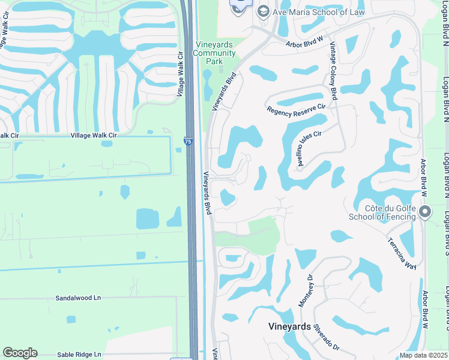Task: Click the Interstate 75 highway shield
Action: pos(188,141)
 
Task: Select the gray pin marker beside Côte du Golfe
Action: pos(426,212)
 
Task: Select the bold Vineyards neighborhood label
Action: pos(289,327)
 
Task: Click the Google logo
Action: pos(20,353)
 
